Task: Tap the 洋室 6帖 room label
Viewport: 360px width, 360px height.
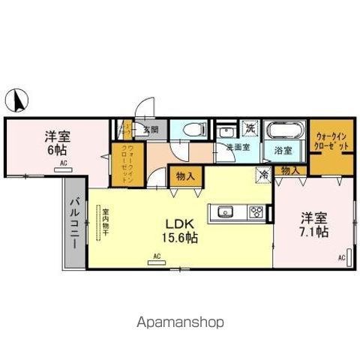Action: pos(53,142)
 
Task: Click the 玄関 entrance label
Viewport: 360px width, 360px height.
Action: pos(151,129)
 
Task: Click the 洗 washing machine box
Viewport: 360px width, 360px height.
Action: pos(250,128)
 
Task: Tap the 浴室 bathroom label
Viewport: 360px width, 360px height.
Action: pos(282,151)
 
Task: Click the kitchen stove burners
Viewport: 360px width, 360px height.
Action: pos(256,211)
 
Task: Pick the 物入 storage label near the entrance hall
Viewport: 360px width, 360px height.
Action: pos(185,176)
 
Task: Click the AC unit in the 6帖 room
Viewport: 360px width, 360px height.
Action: pos(64,169)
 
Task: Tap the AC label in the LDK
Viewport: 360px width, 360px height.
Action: pos(157,256)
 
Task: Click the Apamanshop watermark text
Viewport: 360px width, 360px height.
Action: pos(180,322)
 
